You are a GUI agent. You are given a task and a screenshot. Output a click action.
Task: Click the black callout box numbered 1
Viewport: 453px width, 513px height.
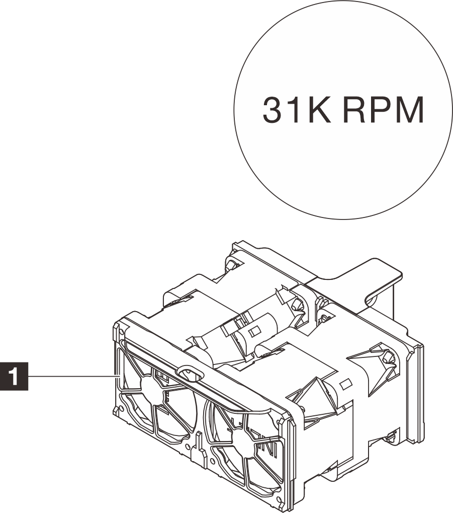tap(15, 376)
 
